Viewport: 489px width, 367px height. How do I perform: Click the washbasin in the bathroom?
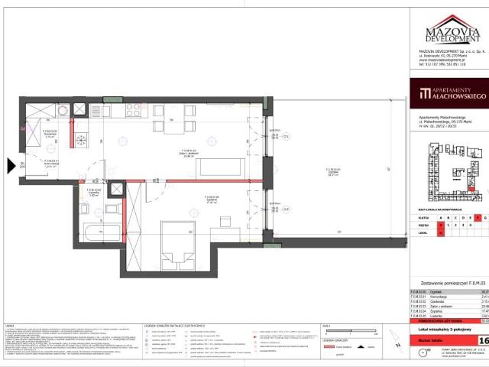coord(112,206)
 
